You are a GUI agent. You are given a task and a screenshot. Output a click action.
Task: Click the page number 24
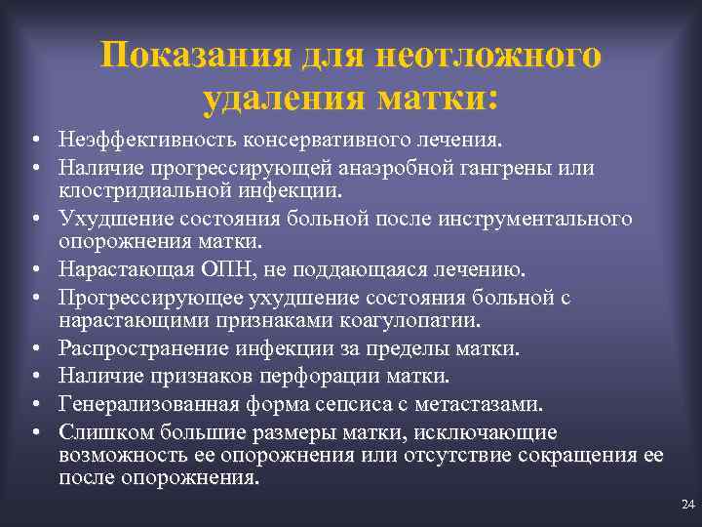click(687, 504)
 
